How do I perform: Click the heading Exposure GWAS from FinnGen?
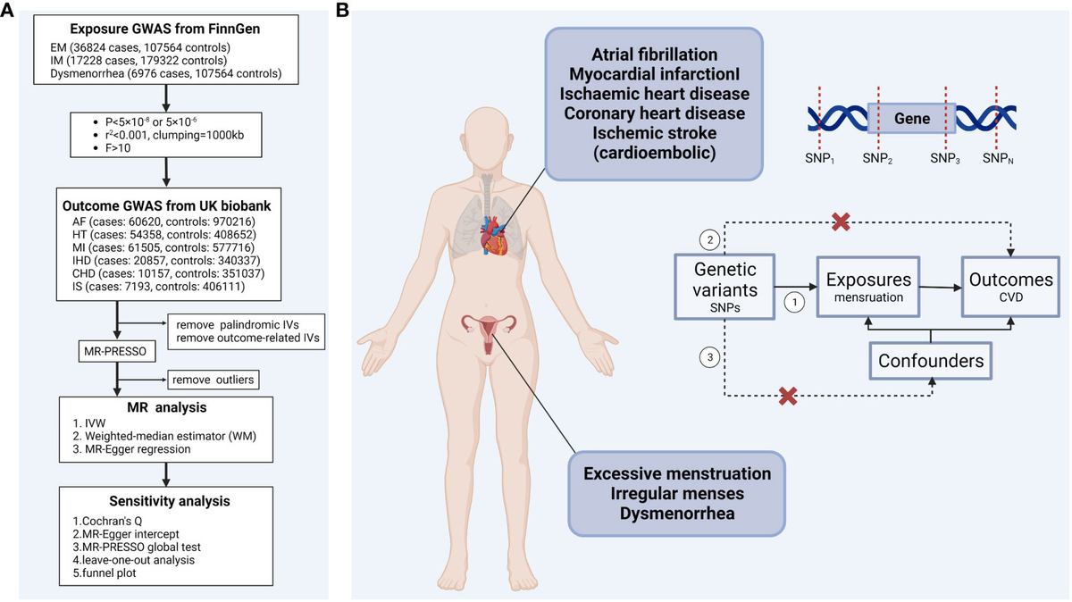[165, 29]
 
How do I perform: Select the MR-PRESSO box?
[117, 352]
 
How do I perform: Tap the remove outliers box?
[214, 380]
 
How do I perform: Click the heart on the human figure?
[494, 236]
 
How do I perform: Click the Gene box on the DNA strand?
[912, 118]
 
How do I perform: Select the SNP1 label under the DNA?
[819, 159]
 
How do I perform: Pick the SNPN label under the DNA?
[998, 159]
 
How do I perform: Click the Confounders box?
[930, 361]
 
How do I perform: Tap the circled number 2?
[709, 239]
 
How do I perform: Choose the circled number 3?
[709, 357]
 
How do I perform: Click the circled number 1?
[794, 303]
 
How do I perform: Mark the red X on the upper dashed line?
[841, 222]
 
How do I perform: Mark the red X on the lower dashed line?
[788, 397]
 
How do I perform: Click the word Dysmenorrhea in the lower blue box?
[677, 514]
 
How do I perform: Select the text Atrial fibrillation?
[654, 54]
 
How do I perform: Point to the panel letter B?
[342, 10]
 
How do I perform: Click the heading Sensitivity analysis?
[170, 501]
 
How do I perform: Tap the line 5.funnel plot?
[105, 573]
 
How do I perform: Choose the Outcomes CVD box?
[1010, 287]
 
